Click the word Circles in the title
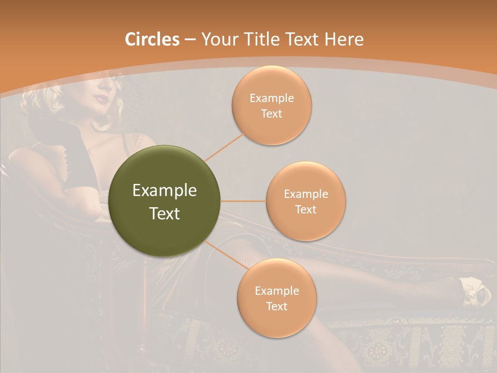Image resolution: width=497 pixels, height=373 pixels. [x=152, y=39]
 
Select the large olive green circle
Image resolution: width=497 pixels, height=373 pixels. [x=165, y=201]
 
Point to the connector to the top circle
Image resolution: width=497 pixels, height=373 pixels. [x=225, y=147]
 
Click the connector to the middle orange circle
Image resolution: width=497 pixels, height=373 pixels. [x=243, y=201]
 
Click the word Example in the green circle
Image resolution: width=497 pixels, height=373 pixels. [x=165, y=191]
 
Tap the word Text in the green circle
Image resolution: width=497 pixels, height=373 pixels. [x=165, y=213]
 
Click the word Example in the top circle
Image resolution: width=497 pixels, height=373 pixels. [x=272, y=98]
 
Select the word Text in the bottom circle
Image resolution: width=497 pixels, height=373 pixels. [x=276, y=306]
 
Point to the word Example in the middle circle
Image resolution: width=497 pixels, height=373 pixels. [x=306, y=194]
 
